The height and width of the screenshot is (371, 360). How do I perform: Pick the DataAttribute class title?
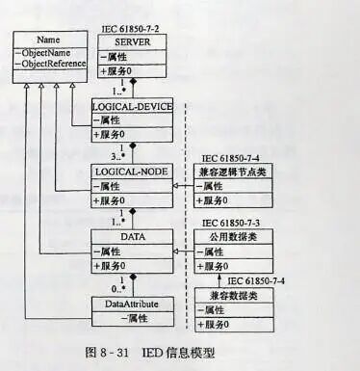point(130,304)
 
